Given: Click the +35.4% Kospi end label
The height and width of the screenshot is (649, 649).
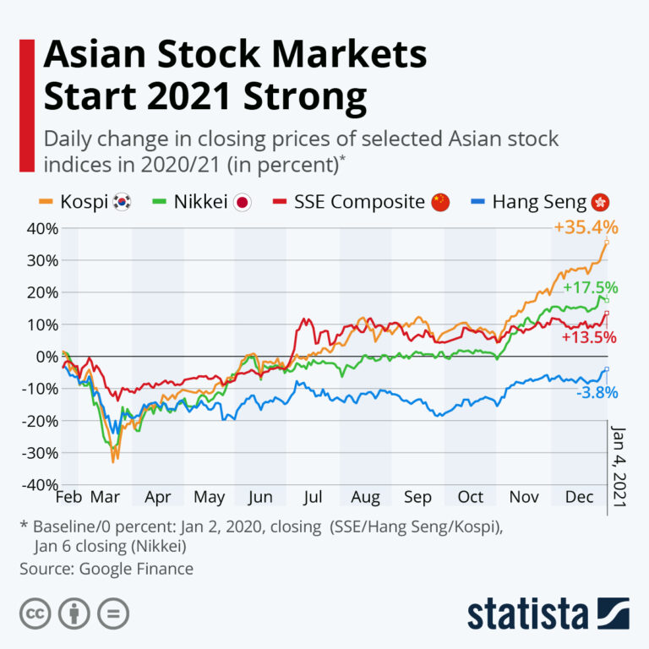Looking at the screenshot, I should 586,227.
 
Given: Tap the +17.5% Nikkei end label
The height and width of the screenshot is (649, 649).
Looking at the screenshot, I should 590,287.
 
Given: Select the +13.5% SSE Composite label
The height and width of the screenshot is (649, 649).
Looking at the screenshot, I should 587,337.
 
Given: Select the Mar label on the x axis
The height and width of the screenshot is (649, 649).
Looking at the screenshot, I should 105,496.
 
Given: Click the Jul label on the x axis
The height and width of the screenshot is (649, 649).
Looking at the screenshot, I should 313,496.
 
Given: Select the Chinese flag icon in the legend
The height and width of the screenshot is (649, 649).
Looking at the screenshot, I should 440,203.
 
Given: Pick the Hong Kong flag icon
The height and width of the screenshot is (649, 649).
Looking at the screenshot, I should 601,203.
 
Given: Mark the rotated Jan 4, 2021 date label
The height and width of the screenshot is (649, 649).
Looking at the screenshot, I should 617,465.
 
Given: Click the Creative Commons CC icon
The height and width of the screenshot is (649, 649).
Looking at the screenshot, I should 35,612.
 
